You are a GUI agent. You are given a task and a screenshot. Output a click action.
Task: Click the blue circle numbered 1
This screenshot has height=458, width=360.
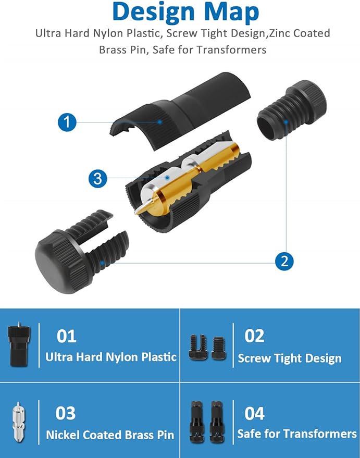pos(67,122)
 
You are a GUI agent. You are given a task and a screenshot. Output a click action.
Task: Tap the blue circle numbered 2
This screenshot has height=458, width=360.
pos(284,261)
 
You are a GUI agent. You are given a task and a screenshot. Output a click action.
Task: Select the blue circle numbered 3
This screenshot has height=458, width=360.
pos(98,178)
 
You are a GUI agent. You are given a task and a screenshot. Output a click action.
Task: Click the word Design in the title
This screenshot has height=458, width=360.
pos(153,12)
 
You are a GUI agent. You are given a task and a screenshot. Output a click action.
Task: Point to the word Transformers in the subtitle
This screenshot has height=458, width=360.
pos(231,49)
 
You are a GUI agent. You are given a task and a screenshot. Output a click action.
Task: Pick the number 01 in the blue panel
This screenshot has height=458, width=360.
pos(67,336)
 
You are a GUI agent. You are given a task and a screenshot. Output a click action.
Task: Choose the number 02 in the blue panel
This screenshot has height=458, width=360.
pos(255,336)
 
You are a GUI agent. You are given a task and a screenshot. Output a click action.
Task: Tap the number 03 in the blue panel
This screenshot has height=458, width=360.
pos(66,413)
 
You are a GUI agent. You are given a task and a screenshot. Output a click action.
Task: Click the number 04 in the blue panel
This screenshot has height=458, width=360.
pos(255,413)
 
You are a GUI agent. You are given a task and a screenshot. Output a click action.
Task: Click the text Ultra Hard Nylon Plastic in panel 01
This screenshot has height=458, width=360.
pos(111,357)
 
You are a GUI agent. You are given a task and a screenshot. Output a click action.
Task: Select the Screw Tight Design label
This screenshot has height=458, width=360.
pos(290,358)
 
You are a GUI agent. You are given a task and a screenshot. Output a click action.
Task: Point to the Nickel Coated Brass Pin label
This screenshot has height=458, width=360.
pos(110,435)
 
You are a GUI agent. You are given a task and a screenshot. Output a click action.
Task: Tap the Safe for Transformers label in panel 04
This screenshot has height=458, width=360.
pos(297,434)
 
